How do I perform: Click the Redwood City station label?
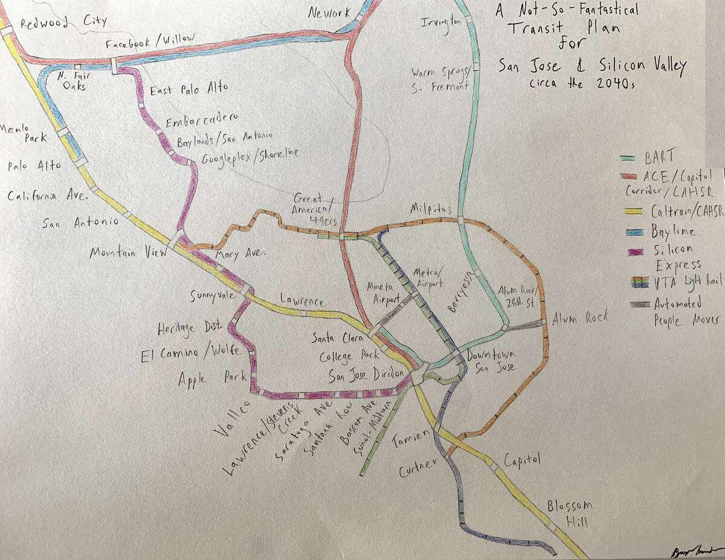click(x=63, y=23)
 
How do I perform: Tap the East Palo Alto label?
click(x=188, y=89)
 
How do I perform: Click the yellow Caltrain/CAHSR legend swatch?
click(x=634, y=211)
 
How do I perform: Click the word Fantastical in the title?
click(x=598, y=10)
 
